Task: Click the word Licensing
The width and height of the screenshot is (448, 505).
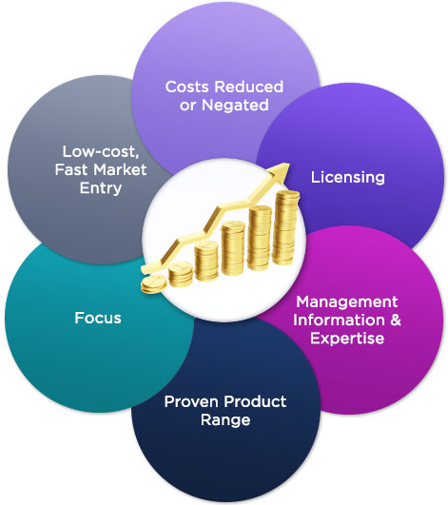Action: click(348, 178)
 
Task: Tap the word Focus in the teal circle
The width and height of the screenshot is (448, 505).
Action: click(98, 318)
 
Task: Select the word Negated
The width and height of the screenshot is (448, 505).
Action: click(235, 106)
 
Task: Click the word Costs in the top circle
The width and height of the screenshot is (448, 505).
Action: click(186, 87)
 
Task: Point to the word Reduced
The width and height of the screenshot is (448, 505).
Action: click(248, 87)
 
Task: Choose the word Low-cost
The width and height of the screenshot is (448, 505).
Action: click(101, 152)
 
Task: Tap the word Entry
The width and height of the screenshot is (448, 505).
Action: click(101, 188)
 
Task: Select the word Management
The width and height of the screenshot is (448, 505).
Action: click(347, 302)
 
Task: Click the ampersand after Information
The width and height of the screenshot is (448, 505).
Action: click(396, 320)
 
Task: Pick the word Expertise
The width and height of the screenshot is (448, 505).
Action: click(347, 339)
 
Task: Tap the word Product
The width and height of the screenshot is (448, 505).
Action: click(255, 401)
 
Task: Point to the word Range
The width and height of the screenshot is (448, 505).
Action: click(225, 420)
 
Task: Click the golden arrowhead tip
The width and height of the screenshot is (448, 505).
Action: click(288, 164)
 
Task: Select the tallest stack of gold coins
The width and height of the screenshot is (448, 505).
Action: click(284, 227)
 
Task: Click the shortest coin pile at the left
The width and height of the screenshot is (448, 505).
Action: click(154, 284)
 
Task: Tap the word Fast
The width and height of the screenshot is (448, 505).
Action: click(73, 169)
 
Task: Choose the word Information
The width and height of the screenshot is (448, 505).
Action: click(340, 320)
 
